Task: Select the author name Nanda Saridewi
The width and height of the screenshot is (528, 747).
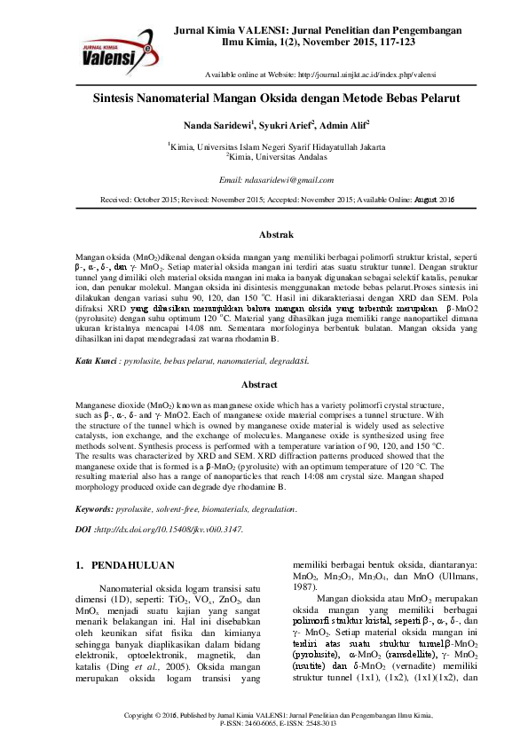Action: [x=217, y=125]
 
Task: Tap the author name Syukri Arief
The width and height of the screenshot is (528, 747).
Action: [x=289, y=125]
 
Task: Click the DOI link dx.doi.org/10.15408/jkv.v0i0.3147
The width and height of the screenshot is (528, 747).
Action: [x=169, y=528]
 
